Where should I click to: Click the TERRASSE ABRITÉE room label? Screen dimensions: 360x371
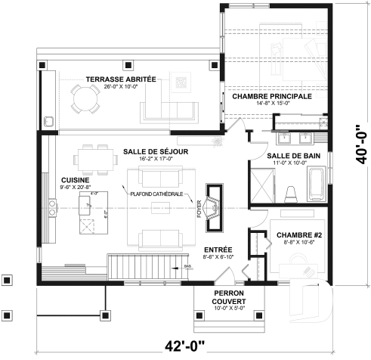[x=120, y=79]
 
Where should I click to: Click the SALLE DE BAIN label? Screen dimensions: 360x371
[x=286, y=155]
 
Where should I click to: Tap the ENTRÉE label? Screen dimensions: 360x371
[x=218, y=250]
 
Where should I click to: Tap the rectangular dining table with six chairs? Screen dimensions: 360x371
[x=94, y=159]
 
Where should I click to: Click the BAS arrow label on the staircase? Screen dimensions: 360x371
[x=186, y=266]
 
